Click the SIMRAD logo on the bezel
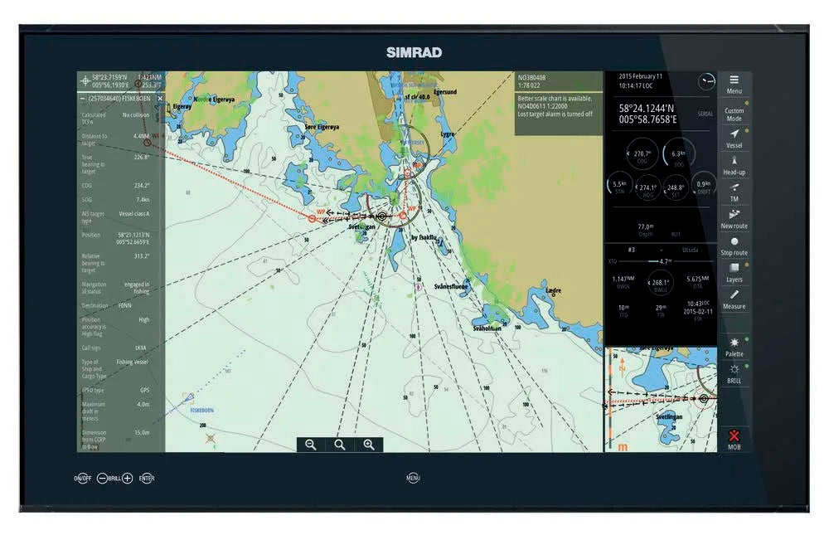tap(414, 52)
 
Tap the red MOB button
tap(734, 439)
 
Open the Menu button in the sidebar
tap(734, 84)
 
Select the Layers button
tap(734, 272)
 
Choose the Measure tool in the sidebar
tap(734, 299)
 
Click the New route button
tap(734, 218)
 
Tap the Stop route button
tap(734, 246)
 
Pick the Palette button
tap(734, 347)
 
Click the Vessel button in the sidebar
tap(734, 138)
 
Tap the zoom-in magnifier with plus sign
tap(368, 445)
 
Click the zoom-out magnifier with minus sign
tap(310, 445)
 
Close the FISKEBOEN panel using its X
tap(160, 98)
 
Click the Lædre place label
tap(555, 290)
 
